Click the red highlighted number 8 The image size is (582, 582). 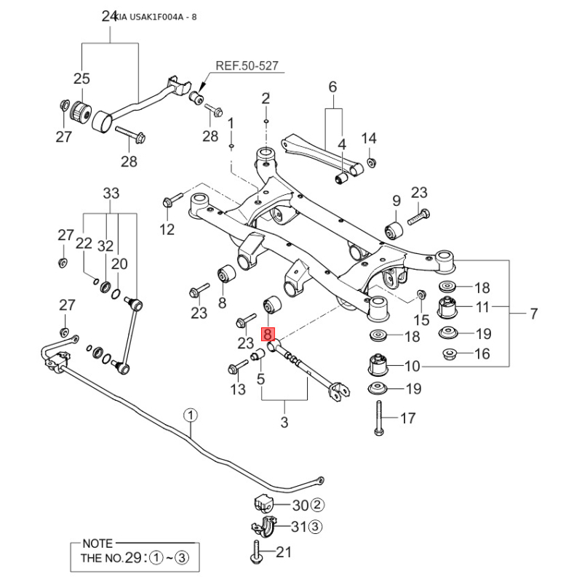click(x=268, y=335)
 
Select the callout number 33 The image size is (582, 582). click(x=111, y=194)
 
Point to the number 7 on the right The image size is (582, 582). click(x=533, y=314)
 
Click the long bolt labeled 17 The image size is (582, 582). click(x=379, y=418)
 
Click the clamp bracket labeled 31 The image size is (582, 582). click(x=263, y=527)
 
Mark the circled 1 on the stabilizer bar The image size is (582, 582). click(x=191, y=416)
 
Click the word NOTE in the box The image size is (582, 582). click(x=98, y=543)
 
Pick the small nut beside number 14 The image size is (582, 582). click(x=371, y=162)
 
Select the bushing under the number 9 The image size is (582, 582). click(x=394, y=231)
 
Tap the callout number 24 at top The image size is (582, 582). click(x=109, y=16)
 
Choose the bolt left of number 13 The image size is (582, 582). click(x=238, y=367)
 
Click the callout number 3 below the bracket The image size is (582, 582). click(x=284, y=422)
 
